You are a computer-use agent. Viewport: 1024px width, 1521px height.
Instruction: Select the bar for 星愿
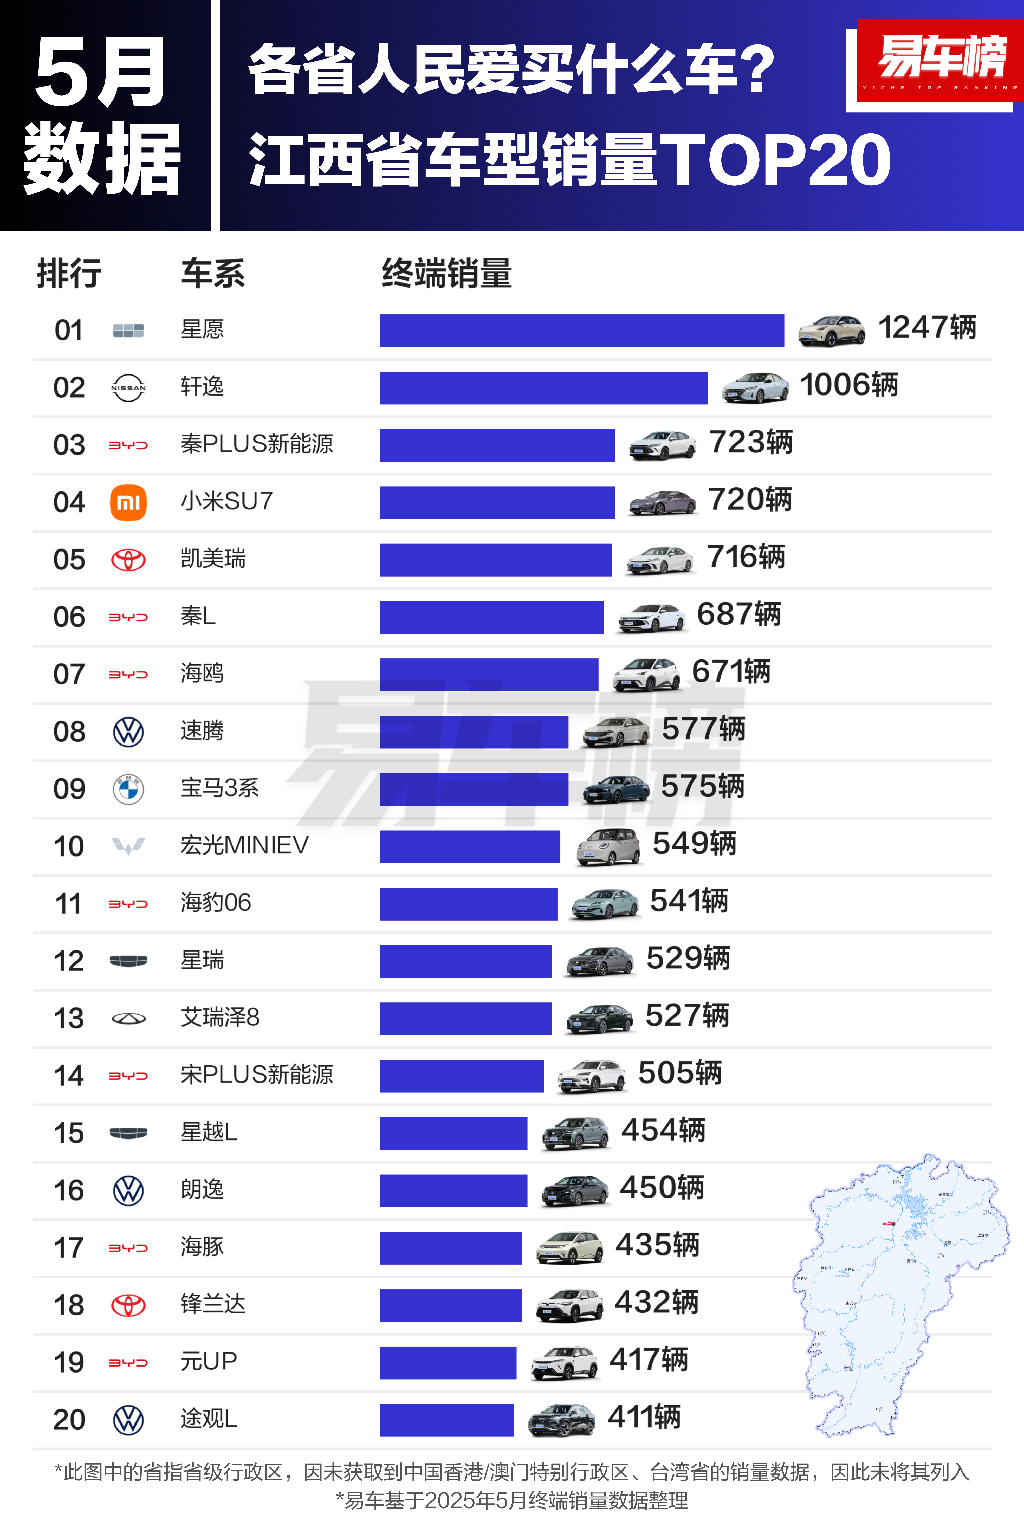[581, 331]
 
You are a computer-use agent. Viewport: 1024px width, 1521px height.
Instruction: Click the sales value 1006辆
[848, 385]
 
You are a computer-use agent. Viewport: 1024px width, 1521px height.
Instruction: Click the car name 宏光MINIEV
[244, 845]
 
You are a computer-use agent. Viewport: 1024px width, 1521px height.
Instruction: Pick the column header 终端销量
[447, 273]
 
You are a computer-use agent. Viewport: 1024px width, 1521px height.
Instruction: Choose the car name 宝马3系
[219, 788]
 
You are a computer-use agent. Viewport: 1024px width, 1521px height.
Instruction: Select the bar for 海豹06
[468, 904]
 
